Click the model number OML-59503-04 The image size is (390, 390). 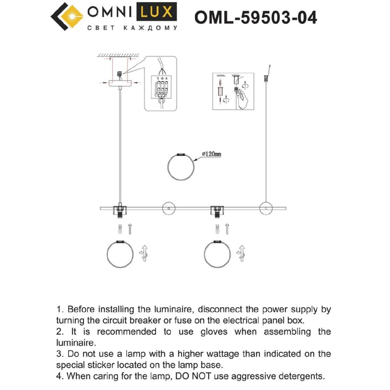click(x=255, y=18)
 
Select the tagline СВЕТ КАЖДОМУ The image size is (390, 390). click(x=132, y=28)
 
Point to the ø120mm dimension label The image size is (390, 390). click(x=211, y=154)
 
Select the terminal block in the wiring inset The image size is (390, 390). click(x=162, y=87)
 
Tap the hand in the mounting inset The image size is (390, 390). click(x=242, y=99)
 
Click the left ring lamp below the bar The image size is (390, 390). click(x=120, y=253)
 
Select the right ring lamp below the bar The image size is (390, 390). click(x=217, y=253)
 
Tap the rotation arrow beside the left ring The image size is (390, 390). click(x=144, y=253)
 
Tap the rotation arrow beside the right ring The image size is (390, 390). click(x=241, y=253)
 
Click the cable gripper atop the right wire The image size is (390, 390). click(x=266, y=78)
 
